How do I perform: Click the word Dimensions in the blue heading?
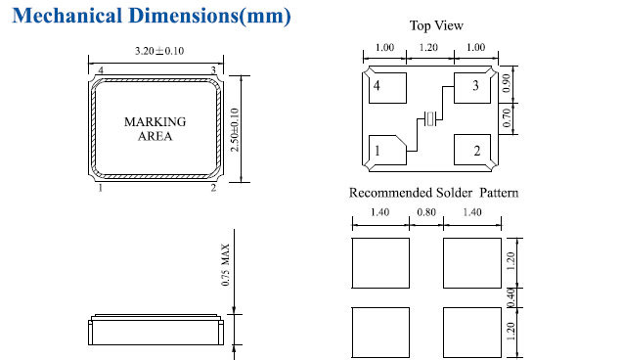point(184,16)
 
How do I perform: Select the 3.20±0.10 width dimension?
point(159,51)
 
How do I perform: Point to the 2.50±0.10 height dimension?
point(235,129)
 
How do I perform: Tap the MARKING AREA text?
point(155,128)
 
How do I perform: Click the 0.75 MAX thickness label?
point(225,265)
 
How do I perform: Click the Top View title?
point(436,25)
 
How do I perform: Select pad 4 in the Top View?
point(387,88)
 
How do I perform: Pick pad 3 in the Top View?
point(472,88)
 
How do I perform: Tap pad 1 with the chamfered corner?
point(387,150)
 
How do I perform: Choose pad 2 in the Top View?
point(472,150)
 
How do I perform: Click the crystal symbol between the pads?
point(430,118)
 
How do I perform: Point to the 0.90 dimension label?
point(507,83)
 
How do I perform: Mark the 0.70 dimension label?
point(507,118)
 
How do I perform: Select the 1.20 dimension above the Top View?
point(428,47)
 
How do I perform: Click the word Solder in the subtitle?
point(455,193)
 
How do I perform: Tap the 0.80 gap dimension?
point(426,212)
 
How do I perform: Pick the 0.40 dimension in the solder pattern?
point(511,297)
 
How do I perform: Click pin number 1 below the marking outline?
point(101,188)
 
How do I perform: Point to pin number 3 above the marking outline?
point(213,70)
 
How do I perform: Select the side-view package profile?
point(155,330)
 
